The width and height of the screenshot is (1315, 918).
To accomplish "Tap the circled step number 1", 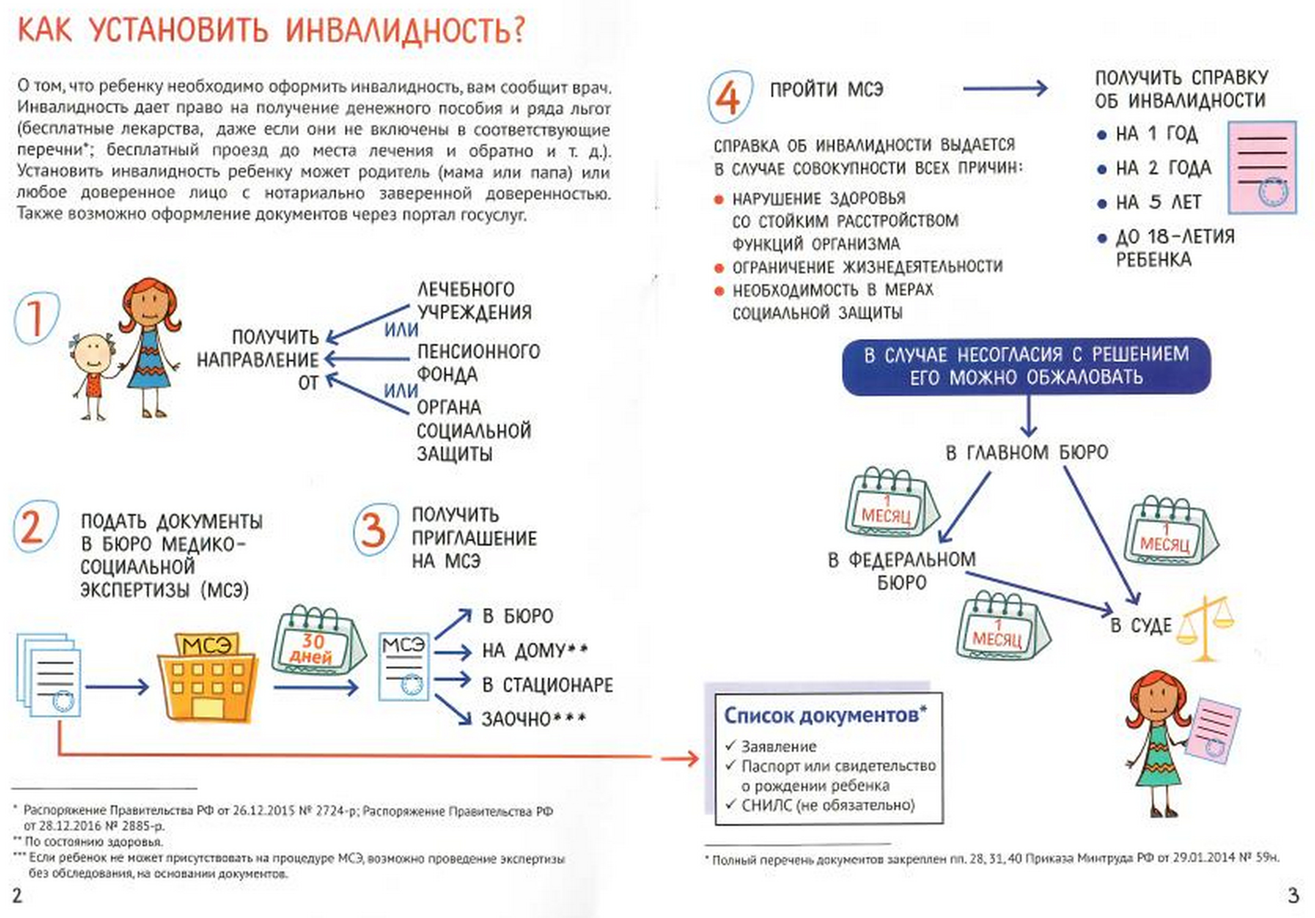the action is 36,319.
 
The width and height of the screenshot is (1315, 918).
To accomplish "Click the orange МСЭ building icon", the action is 208,676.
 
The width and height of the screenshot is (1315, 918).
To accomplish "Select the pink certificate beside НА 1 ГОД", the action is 1262,167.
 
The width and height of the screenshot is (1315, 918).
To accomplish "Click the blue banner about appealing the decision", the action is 1026,366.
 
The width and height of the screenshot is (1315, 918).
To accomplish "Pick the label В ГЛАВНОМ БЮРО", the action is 1027,453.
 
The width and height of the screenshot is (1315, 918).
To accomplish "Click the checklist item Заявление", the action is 778,746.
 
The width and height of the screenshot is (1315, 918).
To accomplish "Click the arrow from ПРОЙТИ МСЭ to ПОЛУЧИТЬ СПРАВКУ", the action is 1005,89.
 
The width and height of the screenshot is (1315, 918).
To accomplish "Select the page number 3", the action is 1293,896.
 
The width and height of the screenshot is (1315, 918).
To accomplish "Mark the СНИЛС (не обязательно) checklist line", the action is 828,805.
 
